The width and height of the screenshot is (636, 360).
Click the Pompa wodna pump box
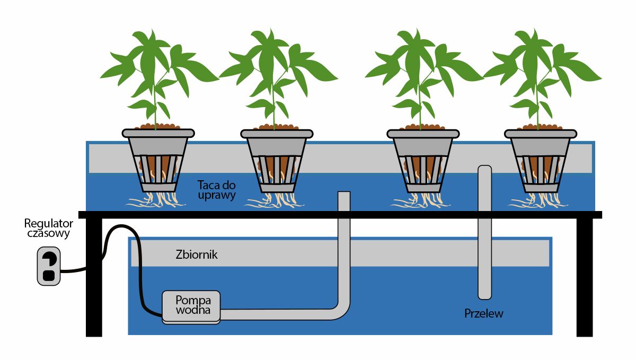191,306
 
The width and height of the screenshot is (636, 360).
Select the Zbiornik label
196,255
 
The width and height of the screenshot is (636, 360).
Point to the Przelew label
483,313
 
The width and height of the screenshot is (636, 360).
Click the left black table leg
94,276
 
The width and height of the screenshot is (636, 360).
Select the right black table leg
585,276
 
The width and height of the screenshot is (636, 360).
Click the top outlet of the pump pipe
343,195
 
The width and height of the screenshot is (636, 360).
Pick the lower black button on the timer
48,275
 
